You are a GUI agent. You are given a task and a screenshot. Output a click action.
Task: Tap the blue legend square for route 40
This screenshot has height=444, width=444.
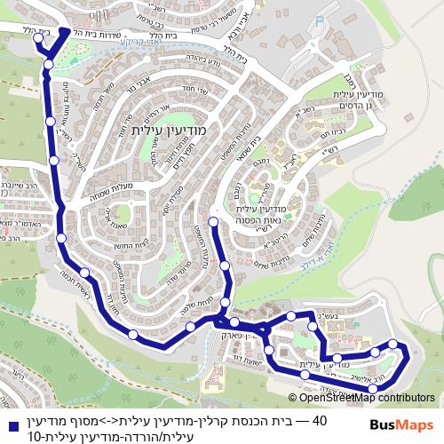pos(12,421)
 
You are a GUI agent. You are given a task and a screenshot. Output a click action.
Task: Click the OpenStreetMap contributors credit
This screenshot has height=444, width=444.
pos(361,398)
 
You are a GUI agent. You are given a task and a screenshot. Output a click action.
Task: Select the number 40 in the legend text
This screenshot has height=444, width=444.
pos(320,420)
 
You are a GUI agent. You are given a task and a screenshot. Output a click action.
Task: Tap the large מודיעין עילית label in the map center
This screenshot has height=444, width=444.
pos(168,130)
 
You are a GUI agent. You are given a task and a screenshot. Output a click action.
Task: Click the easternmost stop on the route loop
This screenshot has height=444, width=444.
pos(405,353)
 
